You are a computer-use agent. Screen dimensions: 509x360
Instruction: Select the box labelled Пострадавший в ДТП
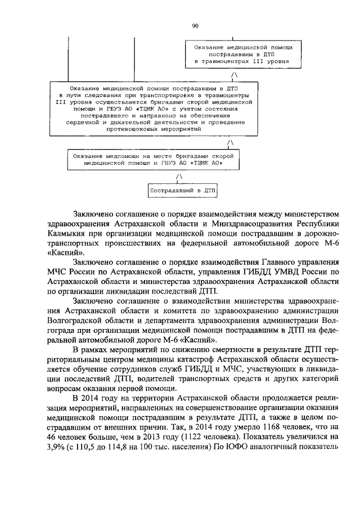182,191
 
